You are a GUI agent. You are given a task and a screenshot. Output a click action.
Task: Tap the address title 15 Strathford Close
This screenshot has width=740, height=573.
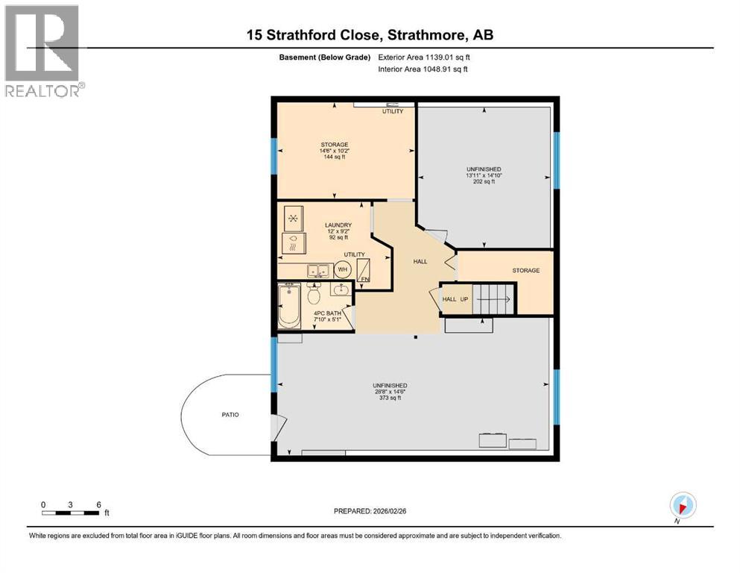click(x=370, y=34)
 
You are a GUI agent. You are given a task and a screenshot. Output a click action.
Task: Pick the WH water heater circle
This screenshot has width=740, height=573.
click(x=343, y=269)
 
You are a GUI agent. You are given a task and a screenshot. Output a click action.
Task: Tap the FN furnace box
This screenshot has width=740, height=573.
click(x=365, y=271)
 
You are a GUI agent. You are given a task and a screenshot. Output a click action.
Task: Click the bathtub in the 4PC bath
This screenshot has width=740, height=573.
click(x=288, y=307)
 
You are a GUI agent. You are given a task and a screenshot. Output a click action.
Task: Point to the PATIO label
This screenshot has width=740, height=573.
click(x=230, y=415)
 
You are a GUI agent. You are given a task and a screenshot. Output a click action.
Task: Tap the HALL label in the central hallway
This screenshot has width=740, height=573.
click(x=420, y=261)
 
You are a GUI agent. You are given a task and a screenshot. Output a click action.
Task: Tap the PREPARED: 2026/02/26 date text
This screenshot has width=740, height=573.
click(x=370, y=511)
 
